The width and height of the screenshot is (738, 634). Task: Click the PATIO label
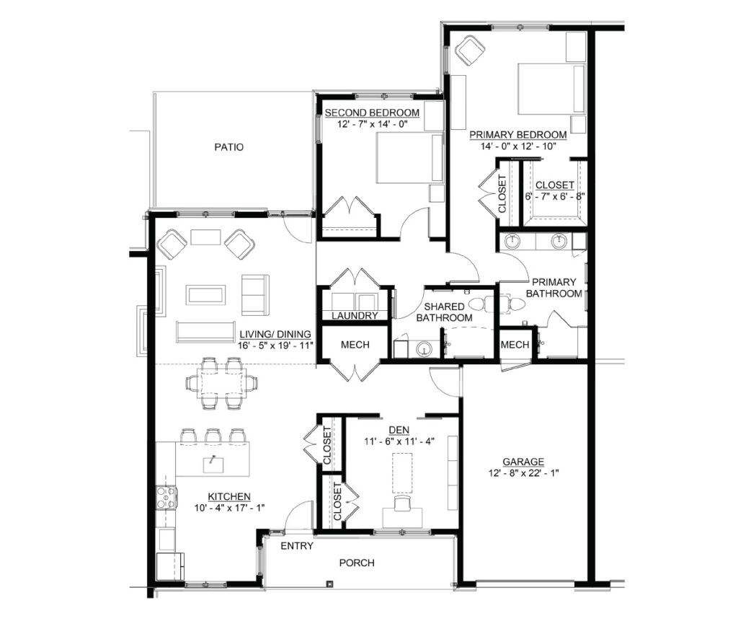[228, 147]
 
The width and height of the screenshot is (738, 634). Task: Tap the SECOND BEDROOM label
[372, 113]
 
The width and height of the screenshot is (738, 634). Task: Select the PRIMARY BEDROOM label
[517, 135]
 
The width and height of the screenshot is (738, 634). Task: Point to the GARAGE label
[523, 462]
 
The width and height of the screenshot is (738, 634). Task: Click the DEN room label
[399, 430]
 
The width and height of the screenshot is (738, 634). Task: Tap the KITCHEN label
[229, 496]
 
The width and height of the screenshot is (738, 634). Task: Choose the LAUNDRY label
[355, 316]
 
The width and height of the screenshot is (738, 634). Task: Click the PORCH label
[357, 563]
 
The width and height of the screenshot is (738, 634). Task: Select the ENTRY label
[297, 546]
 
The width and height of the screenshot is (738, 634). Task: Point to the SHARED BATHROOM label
[444, 312]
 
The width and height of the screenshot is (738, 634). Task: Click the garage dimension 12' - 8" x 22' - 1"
[523, 473]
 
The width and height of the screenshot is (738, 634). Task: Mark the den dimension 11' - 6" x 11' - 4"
[399, 441]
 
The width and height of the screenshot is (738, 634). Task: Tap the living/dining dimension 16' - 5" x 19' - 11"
[275, 345]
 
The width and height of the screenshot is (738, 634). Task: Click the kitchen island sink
[213, 465]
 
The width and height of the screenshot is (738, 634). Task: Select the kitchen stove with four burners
[166, 498]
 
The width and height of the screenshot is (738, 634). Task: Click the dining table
[221, 382]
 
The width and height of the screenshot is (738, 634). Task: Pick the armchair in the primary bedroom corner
[470, 50]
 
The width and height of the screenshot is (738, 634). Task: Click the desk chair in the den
[402, 503]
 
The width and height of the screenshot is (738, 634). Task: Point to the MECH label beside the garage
[515, 345]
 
